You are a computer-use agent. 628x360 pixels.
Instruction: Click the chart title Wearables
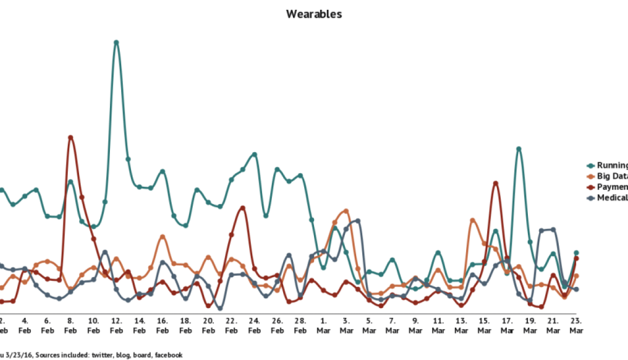pyautogui.click(x=314, y=15)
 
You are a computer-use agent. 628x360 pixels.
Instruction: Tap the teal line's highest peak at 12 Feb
pyautogui.click(x=116, y=41)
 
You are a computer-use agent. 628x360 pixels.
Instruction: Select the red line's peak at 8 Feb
pyautogui.click(x=71, y=136)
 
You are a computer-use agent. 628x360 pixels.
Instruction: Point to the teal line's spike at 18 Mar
pyautogui.click(x=519, y=148)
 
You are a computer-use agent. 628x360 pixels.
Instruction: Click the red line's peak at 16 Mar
pyautogui.click(x=495, y=182)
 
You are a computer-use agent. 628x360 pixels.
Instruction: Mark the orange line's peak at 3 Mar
pyautogui.click(x=346, y=210)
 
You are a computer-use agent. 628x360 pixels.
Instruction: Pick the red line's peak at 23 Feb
pyautogui.click(x=243, y=207)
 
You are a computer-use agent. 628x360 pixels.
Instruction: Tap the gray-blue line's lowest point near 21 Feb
pyautogui.click(x=219, y=309)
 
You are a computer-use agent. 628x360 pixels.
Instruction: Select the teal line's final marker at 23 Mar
pyautogui.click(x=576, y=252)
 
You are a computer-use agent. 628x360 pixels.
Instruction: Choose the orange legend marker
pyautogui.click(x=591, y=176)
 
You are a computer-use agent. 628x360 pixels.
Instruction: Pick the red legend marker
pyautogui.click(x=591, y=187)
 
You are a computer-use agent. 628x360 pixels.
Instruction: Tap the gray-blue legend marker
pyautogui.click(x=591, y=198)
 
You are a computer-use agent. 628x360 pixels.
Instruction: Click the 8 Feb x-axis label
pyautogui.click(x=70, y=325)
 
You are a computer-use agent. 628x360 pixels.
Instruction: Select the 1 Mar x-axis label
pyautogui.click(x=323, y=325)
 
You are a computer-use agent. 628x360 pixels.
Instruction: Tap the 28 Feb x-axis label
pyautogui.click(x=300, y=325)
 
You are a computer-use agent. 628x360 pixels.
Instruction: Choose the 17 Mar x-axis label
pyautogui.click(x=507, y=325)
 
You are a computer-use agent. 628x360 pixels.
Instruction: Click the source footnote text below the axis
pyautogui.click(x=92, y=355)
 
